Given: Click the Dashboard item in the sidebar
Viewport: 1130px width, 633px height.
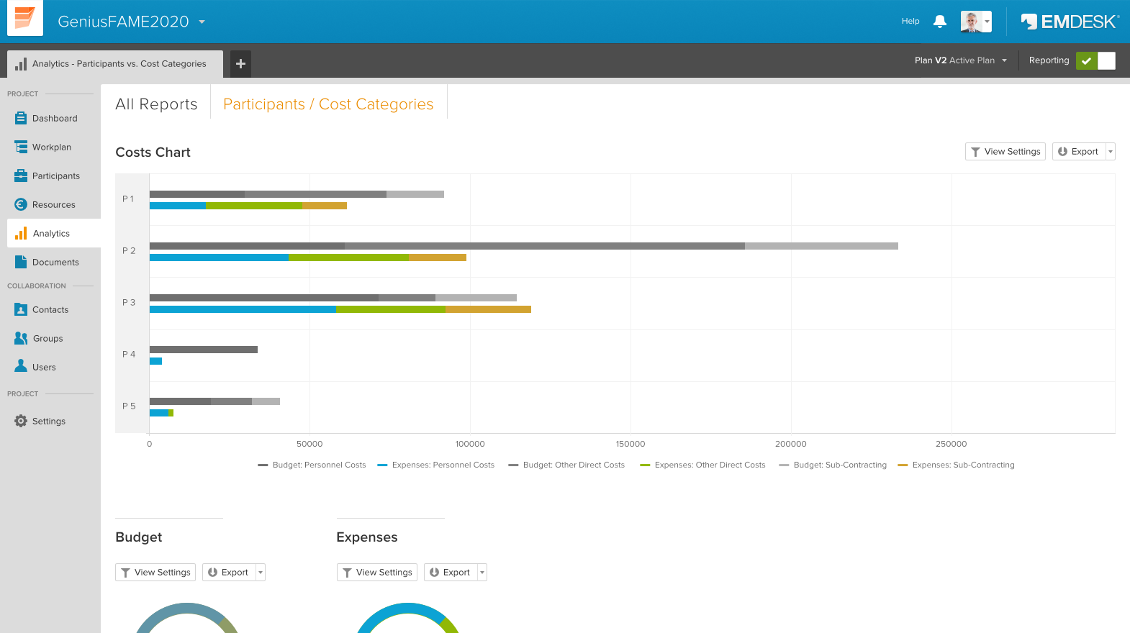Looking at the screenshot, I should [54, 119].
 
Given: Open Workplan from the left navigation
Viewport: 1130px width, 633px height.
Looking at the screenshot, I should [51, 147].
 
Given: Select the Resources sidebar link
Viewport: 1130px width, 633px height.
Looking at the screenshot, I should [53, 205].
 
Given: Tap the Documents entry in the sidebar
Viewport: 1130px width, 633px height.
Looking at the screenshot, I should [55, 263].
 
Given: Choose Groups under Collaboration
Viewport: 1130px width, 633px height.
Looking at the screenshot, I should [48, 339].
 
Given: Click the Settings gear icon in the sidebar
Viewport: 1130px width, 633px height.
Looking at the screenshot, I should [21, 421].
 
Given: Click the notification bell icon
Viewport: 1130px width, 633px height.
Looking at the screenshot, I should [939, 22].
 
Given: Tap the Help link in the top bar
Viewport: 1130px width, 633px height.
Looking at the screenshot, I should [910, 22].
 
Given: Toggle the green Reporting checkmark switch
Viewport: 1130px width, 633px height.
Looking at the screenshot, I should [1087, 61].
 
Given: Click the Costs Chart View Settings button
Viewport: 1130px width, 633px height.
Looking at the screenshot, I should [1005, 152].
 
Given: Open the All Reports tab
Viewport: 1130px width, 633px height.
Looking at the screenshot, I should [156, 104].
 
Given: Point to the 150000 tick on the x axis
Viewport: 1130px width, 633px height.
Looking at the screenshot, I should [630, 444].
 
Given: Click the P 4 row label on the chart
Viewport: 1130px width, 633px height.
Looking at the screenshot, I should [129, 355].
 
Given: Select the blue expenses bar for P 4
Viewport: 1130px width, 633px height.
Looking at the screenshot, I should [155, 361].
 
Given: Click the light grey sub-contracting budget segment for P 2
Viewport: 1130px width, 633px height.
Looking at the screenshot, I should [821, 246].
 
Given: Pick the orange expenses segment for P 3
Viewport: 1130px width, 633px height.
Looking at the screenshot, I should [488, 309].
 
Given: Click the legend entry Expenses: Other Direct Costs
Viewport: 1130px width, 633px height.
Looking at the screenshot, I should [709, 465].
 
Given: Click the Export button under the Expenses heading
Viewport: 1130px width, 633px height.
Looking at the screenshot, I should [450, 573].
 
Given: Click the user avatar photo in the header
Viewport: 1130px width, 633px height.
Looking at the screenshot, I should [972, 22].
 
